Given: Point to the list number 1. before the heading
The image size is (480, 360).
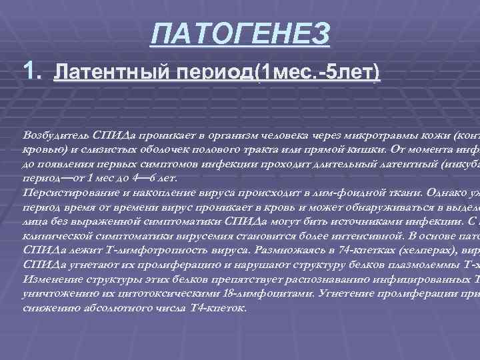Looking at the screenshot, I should (x=33, y=69).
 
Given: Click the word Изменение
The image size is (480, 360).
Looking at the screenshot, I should (x=48, y=281).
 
